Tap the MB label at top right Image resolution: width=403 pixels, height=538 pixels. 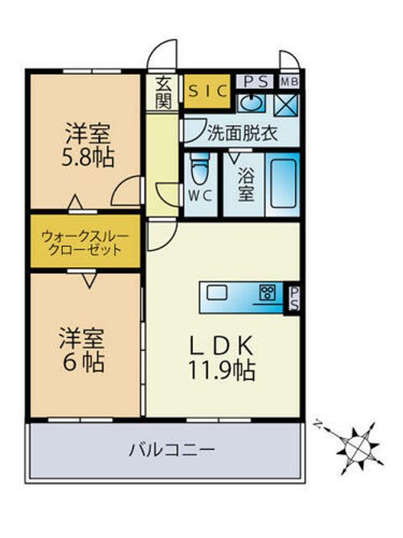(288, 81)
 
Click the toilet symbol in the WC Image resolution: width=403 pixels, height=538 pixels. (199, 171)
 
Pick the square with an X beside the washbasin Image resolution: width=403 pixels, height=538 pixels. (288, 104)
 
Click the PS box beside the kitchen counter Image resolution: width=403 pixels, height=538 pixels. (293, 298)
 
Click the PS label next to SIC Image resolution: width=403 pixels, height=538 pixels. (256, 81)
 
